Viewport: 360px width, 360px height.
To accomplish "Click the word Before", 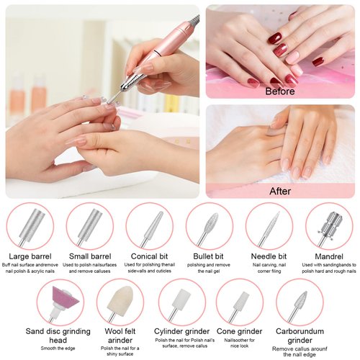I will pyautogui.click(x=281, y=91).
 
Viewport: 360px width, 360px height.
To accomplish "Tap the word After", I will pyautogui.click(x=281, y=191).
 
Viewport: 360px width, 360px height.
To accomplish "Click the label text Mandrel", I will pyautogui.click(x=329, y=256).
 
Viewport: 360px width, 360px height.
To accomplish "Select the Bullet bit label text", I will pyautogui.click(x=210, y=256).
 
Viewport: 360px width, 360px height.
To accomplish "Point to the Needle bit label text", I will pyautogui.click(x=269, y=256).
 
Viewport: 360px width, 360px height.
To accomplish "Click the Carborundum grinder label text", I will pyautogui.click(x=300, y=332).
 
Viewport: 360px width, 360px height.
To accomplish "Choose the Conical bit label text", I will pyautogui.click(x=150, y=256).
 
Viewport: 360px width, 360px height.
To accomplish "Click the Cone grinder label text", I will pyautogui.click(x=240, y=332).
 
